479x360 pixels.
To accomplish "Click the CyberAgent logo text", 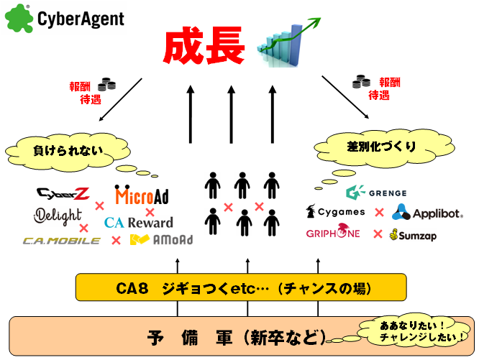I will (81, 18).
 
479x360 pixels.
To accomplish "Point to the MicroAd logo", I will (142, 195).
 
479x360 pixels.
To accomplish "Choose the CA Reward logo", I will (139, 223).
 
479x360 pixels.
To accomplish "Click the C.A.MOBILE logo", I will (62, 240).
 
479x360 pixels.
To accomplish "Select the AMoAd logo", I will (161, 240).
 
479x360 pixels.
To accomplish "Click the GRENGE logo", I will (376, 193).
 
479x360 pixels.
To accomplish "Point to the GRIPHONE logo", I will (333, 234).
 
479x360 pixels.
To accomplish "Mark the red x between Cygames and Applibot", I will (378, 213).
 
